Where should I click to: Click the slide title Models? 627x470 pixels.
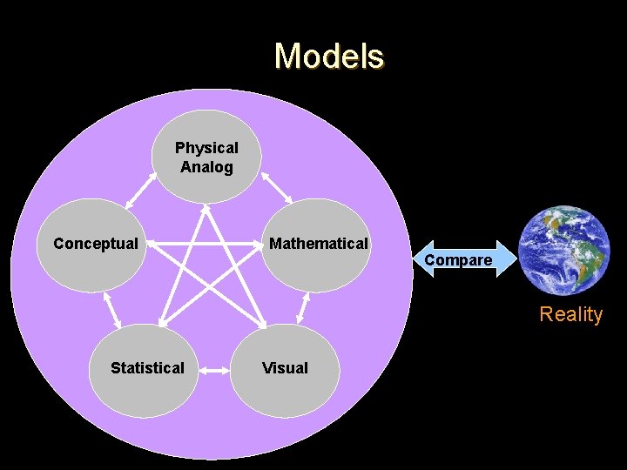[x=328, y=57]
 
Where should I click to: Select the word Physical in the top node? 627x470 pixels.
[x=206, y=148]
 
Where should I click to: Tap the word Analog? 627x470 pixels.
[x=206, y=167]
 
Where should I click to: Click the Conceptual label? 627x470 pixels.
[x=96, y=244]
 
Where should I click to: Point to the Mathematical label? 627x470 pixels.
[x=318, y=244]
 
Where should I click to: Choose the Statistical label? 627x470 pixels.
[x=147, y=368]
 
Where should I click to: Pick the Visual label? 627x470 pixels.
[x=285, y=368]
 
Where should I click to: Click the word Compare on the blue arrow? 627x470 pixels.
[x=458, y=260]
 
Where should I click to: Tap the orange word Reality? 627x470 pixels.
[x=570, y=314]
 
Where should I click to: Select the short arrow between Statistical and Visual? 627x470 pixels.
[x=215, y=369]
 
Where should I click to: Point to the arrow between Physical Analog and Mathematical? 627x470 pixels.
[x=278, y=189]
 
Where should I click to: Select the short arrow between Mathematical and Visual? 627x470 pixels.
[x=302, y=307]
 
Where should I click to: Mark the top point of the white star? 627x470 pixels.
[x=206, y=206]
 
